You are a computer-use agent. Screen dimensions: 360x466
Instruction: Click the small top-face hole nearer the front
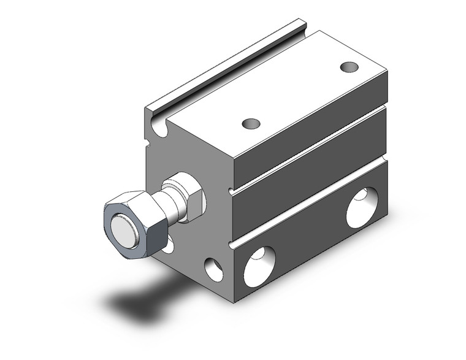pyautogui.click(x=250, y=124)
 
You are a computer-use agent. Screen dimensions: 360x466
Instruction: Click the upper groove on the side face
pyautogui.click(x=307, y=147)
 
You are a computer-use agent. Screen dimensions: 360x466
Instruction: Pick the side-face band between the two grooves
pyautogui.click(x=307, y=175)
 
